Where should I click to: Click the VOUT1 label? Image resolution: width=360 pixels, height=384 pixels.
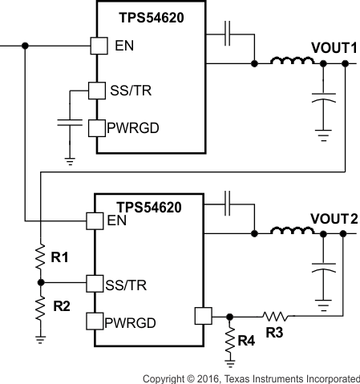click(333, 48)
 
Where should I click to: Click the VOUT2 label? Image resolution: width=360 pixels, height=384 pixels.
click(333, 219)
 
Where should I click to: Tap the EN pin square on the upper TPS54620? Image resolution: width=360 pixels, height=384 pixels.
click(97, 46)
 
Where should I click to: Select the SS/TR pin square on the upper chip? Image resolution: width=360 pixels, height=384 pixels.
click(96, 91)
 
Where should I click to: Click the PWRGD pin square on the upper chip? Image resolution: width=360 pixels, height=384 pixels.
click(96, 127)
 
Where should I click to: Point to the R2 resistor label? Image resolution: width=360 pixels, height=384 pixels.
click(61, 305)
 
